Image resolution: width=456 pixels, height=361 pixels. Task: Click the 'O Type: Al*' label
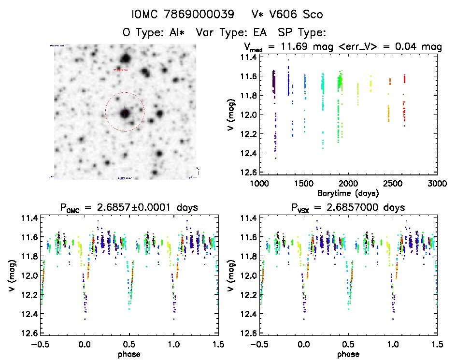[x=155, y=33]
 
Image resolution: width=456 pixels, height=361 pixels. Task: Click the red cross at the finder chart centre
[x=125, y=113]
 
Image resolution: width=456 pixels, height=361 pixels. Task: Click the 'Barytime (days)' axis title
[x=348, y=192]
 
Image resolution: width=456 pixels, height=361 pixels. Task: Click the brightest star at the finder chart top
[x=126, y=59]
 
